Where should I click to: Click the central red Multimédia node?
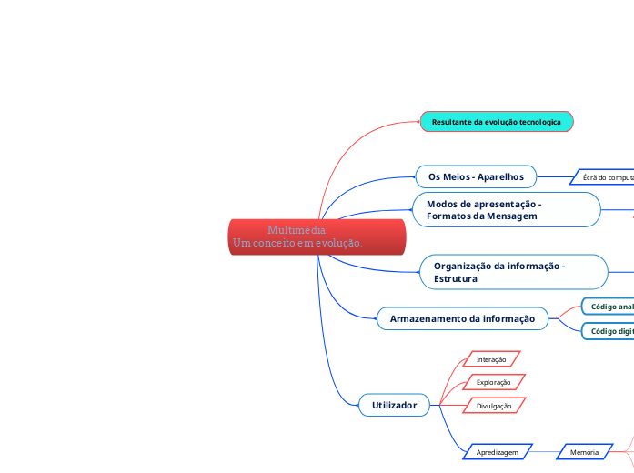click(x=316, y=236)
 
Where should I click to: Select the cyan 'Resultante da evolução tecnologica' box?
click(x=497, y=121)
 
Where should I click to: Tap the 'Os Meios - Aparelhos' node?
click(x=476, y=176)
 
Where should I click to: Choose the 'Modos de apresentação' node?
click(x=507, y=210)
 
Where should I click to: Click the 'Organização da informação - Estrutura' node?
click(x=514, y=272)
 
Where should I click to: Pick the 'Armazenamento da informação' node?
click(x=462, y=318)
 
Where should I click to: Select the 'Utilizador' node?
click(x=394, y=405)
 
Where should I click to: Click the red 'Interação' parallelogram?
click(x=491, y=359)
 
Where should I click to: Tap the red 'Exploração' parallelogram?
click(x=494, y=382)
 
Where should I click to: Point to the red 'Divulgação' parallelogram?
click(x=494, y=406)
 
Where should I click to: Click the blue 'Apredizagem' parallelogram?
click(x=497, y=452)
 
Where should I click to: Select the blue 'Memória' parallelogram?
click(x=584, y=452)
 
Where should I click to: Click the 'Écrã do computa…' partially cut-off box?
click(x=606, y=177)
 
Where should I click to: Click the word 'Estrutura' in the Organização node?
click(x=456, y=278)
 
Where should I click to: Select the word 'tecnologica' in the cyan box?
click(x=539, y=121)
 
